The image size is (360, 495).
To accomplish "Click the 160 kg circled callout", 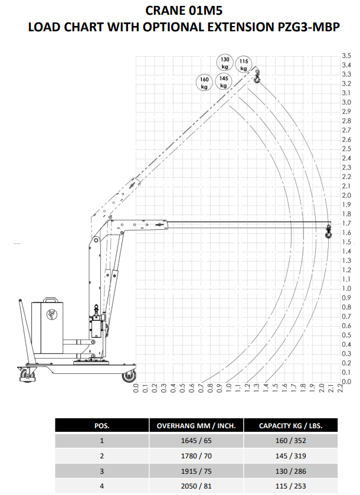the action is (204, 83).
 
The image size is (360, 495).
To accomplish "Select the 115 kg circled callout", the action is (244, 64).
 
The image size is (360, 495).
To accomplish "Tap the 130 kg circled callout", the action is (225, 63).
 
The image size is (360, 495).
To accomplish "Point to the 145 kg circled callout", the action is (224, 82).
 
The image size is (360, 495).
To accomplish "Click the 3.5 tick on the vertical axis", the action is (346, 56).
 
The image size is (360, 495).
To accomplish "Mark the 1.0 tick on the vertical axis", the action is (346, 288).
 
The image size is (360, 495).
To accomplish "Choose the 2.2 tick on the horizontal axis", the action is (340, 387).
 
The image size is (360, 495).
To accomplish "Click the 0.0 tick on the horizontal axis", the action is (136, 387).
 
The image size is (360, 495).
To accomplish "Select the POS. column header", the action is (102, 425).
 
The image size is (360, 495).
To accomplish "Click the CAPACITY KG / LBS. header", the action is (290, 425).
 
